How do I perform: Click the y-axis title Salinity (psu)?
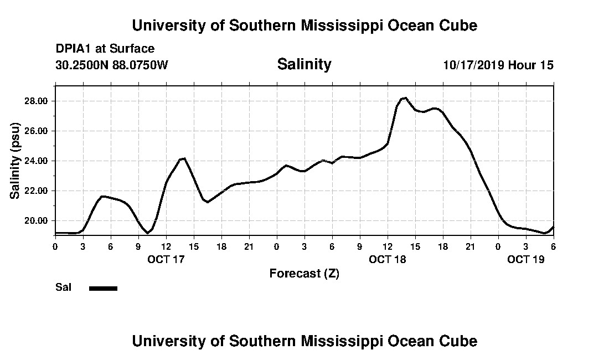[x=15, y=161]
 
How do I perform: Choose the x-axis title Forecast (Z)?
[x=304, y=273]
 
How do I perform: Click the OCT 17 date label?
[x=166, y=259]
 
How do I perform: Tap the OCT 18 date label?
[x=387, y=259]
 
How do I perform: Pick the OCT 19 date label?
[x=526, y=259]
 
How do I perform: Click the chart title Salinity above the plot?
[x=304, y=64]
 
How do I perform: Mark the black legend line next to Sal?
[x=103, y=288]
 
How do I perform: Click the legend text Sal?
[x=63, y=287]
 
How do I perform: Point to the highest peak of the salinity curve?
[x=405, y=98]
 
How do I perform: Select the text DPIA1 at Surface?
[x=105, y=49]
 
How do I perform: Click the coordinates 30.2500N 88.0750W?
[x=112, y=65]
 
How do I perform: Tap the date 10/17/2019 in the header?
[x=473, y=65]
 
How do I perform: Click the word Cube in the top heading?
[x=458, y=25]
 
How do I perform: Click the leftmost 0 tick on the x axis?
[x=55, y=246]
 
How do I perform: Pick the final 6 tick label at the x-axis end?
[x=553, y=246]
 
